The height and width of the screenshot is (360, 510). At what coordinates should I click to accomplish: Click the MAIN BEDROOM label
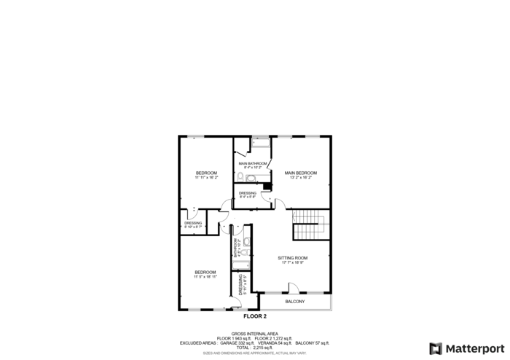pos(300,173)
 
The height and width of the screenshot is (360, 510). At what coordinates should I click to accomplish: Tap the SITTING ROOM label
pos(293,258)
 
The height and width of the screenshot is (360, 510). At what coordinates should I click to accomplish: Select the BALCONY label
pos(294,302)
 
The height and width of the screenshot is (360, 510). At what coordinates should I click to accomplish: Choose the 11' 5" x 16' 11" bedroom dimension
pos(205,277)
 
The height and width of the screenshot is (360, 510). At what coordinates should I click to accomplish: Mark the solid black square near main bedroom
pos(267,187)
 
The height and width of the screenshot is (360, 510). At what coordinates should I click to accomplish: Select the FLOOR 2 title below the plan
pos(255,317)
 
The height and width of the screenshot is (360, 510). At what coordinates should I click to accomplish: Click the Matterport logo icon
pos(436,348)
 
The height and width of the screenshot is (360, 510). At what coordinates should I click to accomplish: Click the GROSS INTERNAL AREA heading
pos(254,334)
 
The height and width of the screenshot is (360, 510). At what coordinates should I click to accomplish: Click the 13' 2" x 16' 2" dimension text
pos(300,177)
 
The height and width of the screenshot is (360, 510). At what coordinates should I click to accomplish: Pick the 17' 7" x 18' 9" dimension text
pos(293,262)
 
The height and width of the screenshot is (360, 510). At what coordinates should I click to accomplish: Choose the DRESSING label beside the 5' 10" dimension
pos(193,223)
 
